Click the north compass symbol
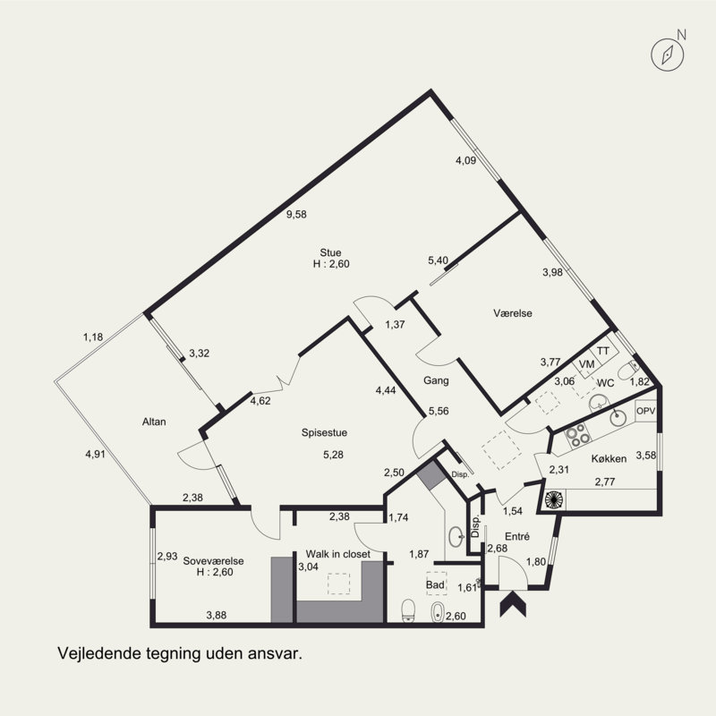click(x=667, y=55)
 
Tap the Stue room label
click(x=330, y=252)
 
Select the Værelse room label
click(x=513, y=313)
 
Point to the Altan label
click(x=154, y=422)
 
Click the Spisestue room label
click(x=324, y=432)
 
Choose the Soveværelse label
click(x=213, y=561)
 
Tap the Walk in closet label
click(x=338, y=554)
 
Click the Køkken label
click(x=609, y=458)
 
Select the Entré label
click(x=517, y=536)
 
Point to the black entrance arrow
click(x=513, y=602)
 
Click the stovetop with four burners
click(x=577, y=434)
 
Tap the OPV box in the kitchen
click(x=645, y=411)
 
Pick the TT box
click(x=603, y=351)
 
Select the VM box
click(x=586, y=364)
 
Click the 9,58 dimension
click(x=296, y=214)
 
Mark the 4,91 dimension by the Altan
click(x=96, y=454)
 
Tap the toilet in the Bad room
click(x=408, y=610)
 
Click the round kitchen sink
click(x=618, y=415)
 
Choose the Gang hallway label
click(x=436, y=380)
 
